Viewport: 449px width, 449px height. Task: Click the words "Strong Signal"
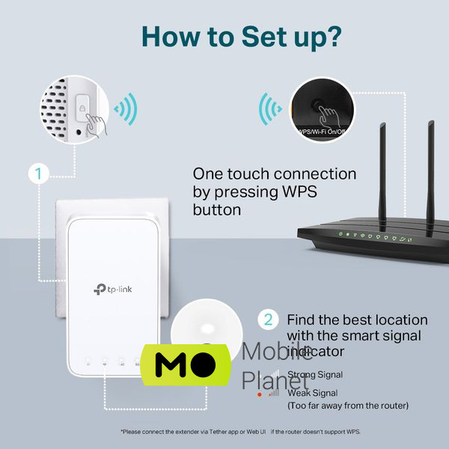click(315, 374)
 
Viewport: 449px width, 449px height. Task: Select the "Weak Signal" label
click(312, 392)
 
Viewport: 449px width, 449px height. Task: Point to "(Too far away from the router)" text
click(348, 406)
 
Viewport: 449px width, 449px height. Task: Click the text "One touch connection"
click(275, 174)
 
